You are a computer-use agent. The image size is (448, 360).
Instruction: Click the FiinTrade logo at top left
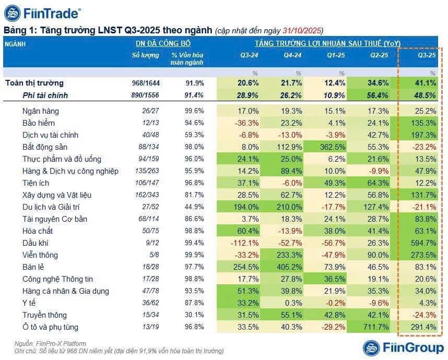pos(43,13)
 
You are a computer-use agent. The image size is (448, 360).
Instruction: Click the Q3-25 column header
pos(426,55)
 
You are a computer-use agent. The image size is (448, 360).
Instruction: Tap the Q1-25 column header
pos(335,55)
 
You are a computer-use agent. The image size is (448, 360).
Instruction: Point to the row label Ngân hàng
pos(41,111)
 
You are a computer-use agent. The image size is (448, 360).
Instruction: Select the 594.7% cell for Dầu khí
pos(423,243)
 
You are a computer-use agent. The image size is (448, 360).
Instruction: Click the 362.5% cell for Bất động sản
pos(333,147)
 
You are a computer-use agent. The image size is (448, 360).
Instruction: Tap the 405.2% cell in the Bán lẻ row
pos(289,267)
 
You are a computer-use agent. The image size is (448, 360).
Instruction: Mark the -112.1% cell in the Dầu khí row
pos(243,243)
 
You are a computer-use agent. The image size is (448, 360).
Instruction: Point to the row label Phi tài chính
pos(45,95)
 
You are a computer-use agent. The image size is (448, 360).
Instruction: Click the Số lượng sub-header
pos(146,55)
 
